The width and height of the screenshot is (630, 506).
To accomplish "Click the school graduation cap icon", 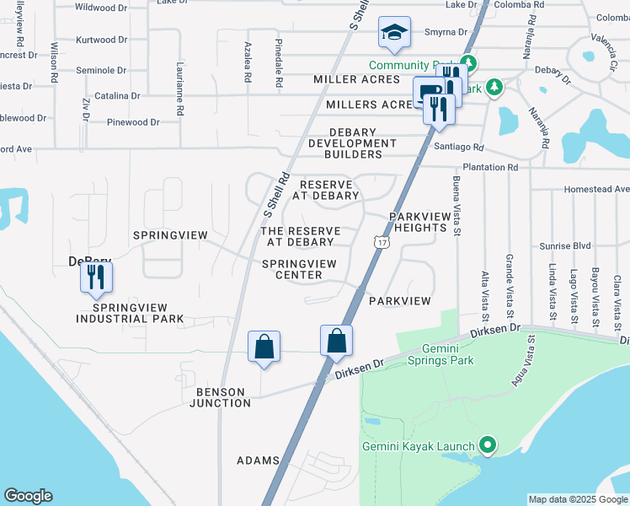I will point(393,33).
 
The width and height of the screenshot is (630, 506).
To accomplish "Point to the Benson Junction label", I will point(223,397).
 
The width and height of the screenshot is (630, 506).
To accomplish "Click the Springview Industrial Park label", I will point(130,313).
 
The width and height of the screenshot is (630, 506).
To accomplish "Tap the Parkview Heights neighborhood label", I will point(418,223).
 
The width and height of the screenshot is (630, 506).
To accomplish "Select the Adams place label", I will point(258,460).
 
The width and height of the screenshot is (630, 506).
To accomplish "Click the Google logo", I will point(28,496).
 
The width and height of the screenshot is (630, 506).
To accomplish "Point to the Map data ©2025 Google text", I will point(577,499).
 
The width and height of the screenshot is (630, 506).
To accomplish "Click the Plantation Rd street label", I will point(513,168).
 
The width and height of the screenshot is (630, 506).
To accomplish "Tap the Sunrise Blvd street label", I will point(565,246).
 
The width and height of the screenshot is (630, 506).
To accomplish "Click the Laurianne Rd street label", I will point(179,88).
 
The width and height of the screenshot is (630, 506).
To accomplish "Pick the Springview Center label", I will point(299,269).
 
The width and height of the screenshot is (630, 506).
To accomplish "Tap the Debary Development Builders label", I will point(355,143).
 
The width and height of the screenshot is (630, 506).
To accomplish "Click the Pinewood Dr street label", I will point(133,122).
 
